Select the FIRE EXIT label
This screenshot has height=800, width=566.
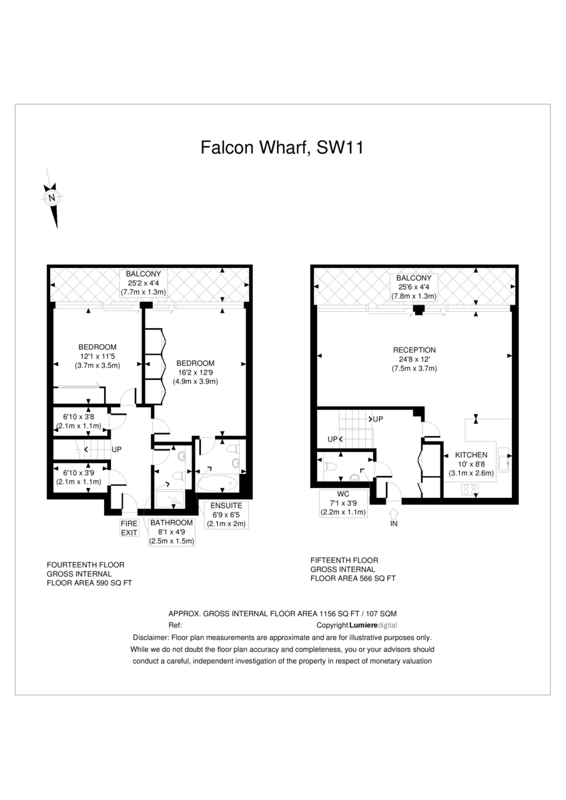point(129,528)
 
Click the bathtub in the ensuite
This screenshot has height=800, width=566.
point(218,483)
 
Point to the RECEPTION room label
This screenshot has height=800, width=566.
point(414,350)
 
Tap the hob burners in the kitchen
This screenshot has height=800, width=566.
point(469,489)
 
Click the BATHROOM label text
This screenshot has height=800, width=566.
point(172,523)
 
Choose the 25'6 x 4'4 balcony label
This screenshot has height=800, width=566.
point(414,287)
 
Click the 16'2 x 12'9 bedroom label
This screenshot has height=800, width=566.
point(196,372)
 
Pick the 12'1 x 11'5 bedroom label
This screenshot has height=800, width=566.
point(97,356)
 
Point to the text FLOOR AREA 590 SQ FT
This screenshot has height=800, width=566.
point(89,583)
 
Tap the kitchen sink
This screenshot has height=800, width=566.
point(504,459)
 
